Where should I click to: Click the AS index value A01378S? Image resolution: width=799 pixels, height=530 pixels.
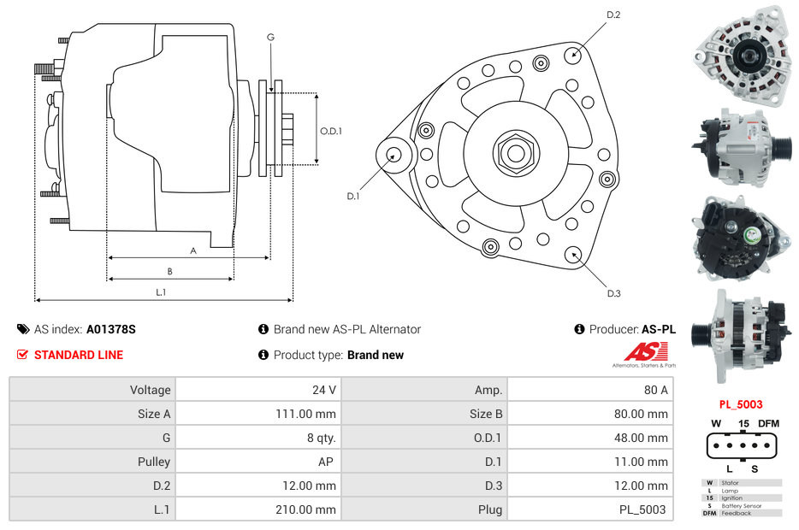[111, 329]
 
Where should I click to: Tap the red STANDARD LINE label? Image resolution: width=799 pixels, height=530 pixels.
[79, 355]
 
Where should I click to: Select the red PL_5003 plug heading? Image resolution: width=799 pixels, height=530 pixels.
[741, 404]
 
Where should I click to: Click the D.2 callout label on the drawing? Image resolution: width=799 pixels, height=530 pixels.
[613, 15]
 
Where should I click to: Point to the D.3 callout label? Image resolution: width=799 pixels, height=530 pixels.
[613, 293]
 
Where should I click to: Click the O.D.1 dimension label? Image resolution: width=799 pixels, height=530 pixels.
[331, 131]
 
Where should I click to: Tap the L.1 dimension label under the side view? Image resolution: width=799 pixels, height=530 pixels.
[161, 292]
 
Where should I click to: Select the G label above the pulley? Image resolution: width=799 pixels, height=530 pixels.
[270, 37]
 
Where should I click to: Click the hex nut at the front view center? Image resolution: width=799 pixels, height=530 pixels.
[515, 153]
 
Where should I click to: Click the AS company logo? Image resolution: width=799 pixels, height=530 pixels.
[646, 352]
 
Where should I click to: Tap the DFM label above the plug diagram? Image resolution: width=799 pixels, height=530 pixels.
[769, 423]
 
